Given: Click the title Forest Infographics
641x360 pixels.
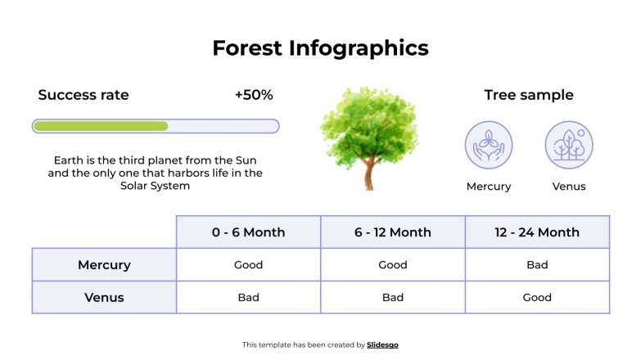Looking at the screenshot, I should click(x=320, y=48).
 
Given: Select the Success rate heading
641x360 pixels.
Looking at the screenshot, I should click(x=84, y=95).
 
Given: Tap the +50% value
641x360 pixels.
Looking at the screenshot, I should click(x=254, y=95).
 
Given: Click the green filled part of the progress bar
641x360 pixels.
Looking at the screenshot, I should click(x=101, y=126).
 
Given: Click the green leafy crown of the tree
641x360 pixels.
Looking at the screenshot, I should click(x=368, y=123).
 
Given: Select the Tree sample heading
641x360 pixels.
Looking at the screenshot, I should click(x=529, y=95).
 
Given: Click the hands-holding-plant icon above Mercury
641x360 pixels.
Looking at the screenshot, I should click(x=489, y=145).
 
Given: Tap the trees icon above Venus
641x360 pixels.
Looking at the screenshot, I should click(x=569, y=145).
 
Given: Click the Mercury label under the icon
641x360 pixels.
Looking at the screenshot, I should click(x=489, y=187).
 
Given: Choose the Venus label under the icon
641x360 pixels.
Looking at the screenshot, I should click(x=569, y=187).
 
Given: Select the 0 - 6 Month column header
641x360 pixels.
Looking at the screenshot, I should click(x=248, y=232).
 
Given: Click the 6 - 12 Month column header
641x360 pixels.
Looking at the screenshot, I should click(x=393, y=232).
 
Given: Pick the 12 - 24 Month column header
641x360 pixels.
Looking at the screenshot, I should click(x=537, y=232).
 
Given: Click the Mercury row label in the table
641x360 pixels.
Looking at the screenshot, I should click(x=104, y=265).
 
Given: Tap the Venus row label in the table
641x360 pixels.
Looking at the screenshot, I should click(x=104, y=298).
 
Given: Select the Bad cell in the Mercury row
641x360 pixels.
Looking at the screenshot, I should click(x=537, y=265).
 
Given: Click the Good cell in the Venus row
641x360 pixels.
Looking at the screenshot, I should click(x=537, y=298).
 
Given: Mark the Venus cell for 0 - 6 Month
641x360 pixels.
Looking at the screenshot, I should click(x=248, y=298).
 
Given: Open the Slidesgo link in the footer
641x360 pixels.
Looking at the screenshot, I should click(x=383, y=345).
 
